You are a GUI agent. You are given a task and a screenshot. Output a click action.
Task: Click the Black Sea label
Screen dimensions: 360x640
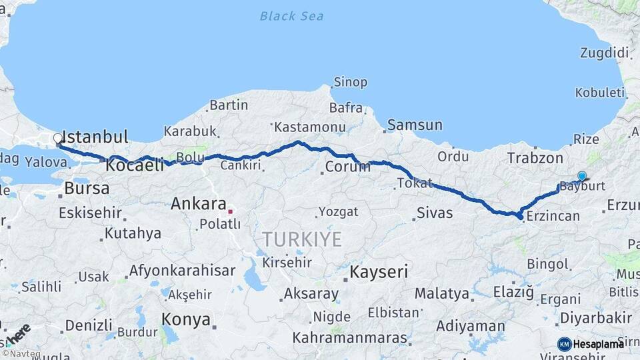[x=291, y=16]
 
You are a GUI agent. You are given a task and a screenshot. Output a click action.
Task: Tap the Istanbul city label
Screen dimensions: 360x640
[x=96, y=137]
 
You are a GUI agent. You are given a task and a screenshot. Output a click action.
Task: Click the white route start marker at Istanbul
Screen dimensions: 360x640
[x=58, y=139]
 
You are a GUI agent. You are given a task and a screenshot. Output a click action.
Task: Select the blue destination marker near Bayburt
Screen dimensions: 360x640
[x=582, y=176]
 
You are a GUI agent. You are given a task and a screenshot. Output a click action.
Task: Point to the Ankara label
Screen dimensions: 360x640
[x=199, y=204]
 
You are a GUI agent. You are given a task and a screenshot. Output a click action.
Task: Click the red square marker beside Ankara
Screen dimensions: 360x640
[x=230, y=211]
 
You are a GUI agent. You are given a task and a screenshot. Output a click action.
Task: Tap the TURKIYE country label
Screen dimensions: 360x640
[x=301, y=239]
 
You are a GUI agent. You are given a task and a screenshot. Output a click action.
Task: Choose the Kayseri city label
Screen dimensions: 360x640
[x=379, y=272]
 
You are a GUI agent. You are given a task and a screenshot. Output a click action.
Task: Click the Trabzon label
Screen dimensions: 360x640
[x=535, y=159]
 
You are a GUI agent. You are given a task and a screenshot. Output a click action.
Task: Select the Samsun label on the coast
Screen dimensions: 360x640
[x=415, y=125]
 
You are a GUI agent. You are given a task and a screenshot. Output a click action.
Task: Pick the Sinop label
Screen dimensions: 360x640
[x=350, y=82]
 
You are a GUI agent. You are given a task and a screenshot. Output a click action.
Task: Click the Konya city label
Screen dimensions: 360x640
[x=186, y=319]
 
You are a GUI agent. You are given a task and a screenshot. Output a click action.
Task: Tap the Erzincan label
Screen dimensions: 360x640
[x=553, y=216]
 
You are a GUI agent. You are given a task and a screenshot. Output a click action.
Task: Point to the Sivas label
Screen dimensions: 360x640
[x=434, y=213]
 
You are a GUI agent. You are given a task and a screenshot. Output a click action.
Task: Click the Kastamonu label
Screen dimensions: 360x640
[x=310, y=127]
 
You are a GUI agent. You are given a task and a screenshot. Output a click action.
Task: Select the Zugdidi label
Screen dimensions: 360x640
[x=605, y=53]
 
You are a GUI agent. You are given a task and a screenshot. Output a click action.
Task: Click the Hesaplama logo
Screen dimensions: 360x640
[x=591, y=344]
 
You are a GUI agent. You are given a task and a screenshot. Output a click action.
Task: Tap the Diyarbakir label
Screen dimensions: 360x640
[x=595, y=317]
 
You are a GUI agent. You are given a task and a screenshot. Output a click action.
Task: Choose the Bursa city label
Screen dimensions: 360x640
[x=87, y=188]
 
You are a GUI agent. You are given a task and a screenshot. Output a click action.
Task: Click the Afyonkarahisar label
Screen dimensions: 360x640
[x=182, y=271]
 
